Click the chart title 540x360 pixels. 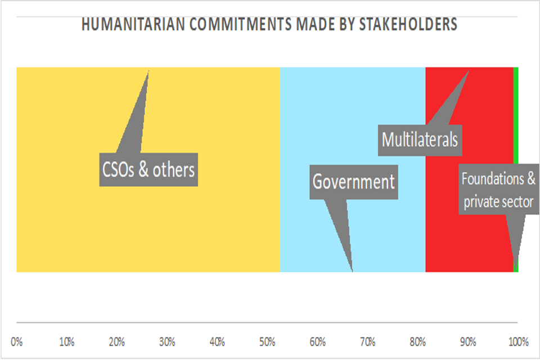tap(269, 25)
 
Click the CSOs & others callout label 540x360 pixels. tap(148, 169)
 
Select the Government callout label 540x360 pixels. tap(354, 182)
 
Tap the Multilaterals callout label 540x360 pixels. tap(420, 139)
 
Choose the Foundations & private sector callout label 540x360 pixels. tap(498, 191)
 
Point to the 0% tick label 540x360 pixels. tap(17, 341)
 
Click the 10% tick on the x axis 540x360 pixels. tap(67, 341)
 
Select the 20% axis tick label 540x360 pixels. tap(117, 341)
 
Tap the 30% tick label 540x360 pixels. tap(167, 341)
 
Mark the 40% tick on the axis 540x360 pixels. tap(217, 341)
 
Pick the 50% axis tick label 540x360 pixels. tap(267, 341)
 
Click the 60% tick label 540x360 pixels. tap(318, 341)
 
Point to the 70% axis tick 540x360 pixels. tap(368, 341)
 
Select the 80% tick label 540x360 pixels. tap(418, 341)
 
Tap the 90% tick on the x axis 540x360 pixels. tap(468, 341)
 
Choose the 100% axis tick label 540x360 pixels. tap(518, 341)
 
